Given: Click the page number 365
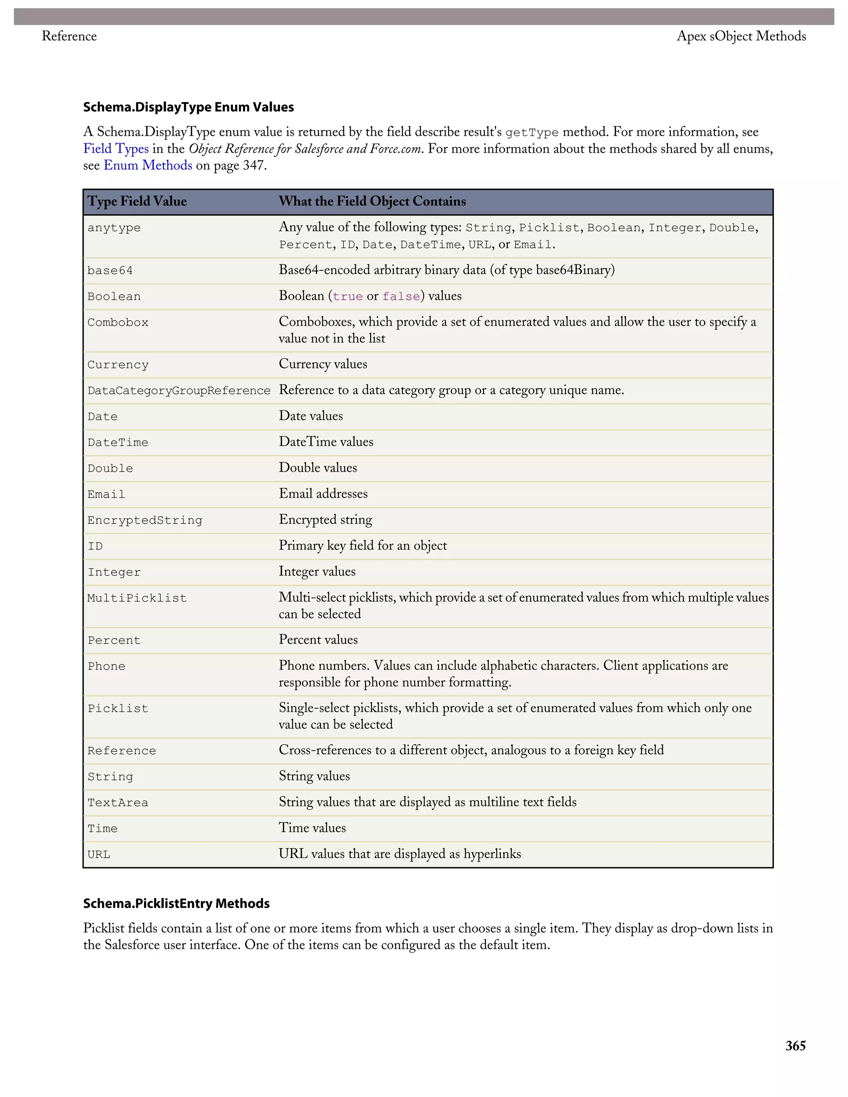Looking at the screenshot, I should (x=795, y=1046).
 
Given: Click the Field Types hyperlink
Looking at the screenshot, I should (x=116, y=149).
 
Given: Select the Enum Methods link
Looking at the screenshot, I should (x=148, y=165).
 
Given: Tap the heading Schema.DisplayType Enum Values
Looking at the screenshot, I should (x=188, y=107).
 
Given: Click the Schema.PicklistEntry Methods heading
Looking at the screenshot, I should (x=176, y=904).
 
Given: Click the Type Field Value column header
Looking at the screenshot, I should (x=137, y=202).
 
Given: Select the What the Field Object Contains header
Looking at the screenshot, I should (x=372, y=202).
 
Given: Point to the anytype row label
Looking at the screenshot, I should (x=114, y=228).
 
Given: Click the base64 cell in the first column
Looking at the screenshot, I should (x=110, y=271).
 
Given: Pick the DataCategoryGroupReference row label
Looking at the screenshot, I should (x=179, y=391).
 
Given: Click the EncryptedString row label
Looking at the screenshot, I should (x=145, y=520).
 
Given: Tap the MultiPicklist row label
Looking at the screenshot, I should (x=137, y=598).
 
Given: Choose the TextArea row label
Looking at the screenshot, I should (x=118, y=803).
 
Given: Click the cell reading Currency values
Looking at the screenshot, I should (x=323, y=364).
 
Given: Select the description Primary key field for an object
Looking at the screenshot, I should (x=363, y=546).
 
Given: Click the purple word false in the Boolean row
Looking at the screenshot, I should (x=401, y=296).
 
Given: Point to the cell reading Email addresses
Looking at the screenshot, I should (x=323, y=494).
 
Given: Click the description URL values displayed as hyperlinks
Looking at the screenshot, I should (x=400, y=854).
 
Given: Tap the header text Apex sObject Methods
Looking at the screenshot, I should (x=741, y=36).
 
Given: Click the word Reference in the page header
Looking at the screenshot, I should (x=69, y=36).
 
